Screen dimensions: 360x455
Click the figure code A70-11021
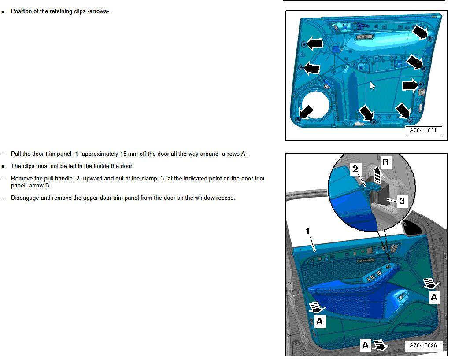point(423,131)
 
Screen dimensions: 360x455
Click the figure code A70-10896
point(423,345)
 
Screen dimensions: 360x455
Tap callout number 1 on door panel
point(307,231)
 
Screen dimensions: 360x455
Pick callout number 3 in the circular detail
point(402,201)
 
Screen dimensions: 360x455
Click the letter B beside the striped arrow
point(385,162)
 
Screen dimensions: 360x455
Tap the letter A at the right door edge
point(434,298)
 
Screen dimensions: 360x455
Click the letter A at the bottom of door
point(365,345)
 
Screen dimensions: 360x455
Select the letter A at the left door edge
point(319,321)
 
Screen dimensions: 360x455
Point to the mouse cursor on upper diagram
point(373,86)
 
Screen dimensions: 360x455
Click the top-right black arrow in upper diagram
point(421,32)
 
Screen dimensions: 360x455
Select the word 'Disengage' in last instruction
point(25,198)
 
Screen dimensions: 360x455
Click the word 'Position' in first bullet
point(22,11)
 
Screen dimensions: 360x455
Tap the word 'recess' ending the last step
point(225,198)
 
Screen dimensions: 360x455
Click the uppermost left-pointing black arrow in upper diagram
point(314,43)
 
